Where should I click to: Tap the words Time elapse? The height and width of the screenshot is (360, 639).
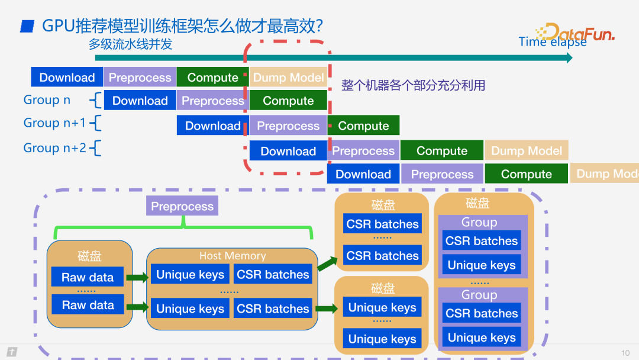coord(552,42)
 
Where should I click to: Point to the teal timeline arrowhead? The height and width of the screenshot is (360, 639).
coord(569,57)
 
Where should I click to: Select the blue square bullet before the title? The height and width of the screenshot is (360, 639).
coord(27,25)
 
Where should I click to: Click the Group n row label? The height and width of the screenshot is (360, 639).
coord(47,100)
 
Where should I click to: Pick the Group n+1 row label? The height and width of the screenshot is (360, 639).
coord(54,123)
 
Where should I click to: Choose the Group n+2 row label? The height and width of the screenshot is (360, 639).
coord(54,148)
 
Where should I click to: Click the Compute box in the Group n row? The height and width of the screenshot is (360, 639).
coord(288,101)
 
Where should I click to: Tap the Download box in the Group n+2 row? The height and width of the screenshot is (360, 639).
coord(288,151)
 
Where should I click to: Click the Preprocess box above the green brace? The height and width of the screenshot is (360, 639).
coord(182,206)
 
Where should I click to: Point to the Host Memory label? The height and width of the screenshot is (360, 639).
coord(233,256)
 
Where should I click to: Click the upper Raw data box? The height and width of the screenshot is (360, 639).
coord(88,277)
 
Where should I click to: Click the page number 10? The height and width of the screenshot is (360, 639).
coord(625,353)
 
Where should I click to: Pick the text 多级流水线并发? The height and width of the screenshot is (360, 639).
coord(130,44)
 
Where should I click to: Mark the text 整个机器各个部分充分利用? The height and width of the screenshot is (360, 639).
coord(413,85)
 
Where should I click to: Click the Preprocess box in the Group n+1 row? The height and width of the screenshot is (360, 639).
coord(288,126)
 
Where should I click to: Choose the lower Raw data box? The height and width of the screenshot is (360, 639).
coord(88,305)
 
